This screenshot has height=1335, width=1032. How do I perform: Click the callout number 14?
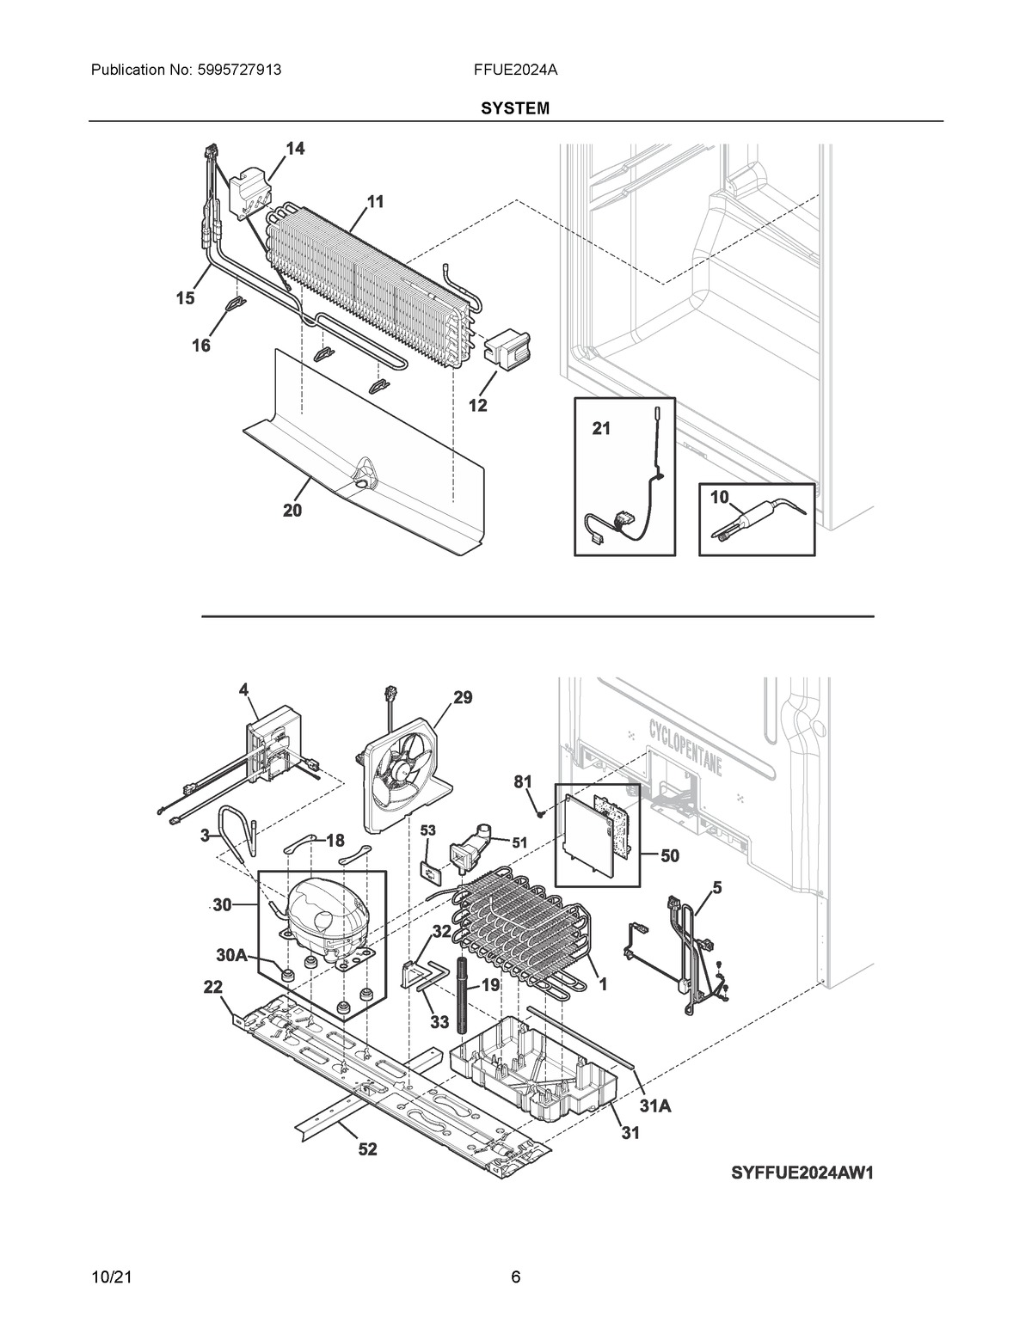coord(295,149)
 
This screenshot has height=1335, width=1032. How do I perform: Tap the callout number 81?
coord(523,782)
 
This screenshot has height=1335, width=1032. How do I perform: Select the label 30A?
coord(231,955)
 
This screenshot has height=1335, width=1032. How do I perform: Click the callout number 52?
coord(367,1149)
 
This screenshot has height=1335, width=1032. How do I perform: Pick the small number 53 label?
coord(428,831)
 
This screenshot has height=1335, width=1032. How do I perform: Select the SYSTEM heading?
coord(515,109)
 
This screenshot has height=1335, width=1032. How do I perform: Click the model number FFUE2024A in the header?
coord(516,69)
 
